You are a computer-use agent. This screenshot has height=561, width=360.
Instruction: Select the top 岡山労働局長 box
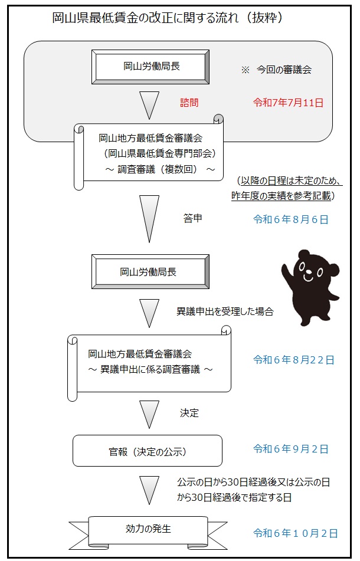tap(150, 67)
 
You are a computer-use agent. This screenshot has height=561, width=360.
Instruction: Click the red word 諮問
tap(189, 103)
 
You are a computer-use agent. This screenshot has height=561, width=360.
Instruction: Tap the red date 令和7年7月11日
tap(289, 103)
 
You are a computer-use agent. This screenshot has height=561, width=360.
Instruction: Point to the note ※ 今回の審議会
tap(277, 70)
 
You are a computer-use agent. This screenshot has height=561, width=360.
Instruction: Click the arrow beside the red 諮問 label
tap(149, 105)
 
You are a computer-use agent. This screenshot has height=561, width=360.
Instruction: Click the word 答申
tap(193, 218)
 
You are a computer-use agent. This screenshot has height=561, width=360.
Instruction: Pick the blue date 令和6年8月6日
tap(291, 219)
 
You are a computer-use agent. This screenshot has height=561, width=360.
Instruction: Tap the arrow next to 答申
tap(149, 219)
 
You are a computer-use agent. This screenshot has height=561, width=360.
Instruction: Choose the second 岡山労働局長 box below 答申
tap(150, 271)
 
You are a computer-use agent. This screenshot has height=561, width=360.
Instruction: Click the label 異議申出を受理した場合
tap(225, 311)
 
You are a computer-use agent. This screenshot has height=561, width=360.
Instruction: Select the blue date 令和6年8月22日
tap(294, 360)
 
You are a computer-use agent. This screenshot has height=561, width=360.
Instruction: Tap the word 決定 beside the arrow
tap(189, 413)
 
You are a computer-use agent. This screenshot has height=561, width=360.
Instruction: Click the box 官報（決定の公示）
tap(148, 451)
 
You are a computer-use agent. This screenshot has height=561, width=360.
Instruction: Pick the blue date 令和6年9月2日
tap(291, 449)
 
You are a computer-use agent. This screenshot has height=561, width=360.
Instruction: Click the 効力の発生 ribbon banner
tap(148, 532)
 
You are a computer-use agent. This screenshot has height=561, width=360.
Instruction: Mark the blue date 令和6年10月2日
tap(296, 533)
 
